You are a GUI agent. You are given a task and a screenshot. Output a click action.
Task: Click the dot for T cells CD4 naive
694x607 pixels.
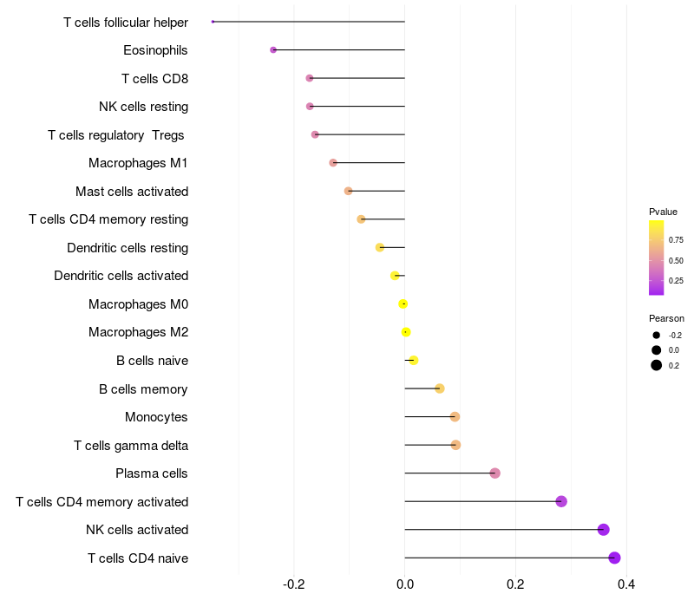click(614, 558)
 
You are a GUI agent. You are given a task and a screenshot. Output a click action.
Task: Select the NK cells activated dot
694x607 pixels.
click(604, 530)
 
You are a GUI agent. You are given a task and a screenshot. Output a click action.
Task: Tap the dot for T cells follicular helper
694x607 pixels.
click(213, 22)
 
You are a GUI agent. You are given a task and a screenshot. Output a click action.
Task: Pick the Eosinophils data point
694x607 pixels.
click(273, 50)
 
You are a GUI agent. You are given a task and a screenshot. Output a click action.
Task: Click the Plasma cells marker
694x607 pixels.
click(494, 473)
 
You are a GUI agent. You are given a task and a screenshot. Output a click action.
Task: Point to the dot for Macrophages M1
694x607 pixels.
click(333, 163)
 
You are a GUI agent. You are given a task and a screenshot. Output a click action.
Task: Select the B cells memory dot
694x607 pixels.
click(440, 388)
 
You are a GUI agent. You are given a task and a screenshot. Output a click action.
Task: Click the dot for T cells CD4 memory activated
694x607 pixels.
click(561, 501)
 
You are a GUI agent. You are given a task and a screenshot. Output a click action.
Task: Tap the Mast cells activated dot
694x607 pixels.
click(349, 191)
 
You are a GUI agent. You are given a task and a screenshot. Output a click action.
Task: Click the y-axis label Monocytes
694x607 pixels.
click(156, 417)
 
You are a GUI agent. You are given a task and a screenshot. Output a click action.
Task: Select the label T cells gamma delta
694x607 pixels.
click(131, 446)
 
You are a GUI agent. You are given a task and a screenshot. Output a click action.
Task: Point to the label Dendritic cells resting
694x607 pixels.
click(128, 248)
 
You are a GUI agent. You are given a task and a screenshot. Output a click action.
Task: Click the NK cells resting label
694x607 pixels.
click(144, 107)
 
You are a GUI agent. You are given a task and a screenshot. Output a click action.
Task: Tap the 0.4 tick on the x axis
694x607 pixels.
click(626, 585)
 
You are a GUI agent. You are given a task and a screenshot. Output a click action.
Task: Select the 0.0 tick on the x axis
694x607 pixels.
click(405, 585)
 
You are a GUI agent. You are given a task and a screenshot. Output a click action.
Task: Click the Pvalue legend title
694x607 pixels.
click(663, 212)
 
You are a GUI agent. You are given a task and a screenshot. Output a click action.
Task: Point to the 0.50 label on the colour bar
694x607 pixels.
click(676, 260)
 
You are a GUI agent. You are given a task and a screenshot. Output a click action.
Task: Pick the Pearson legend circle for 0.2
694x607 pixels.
click(657, 365)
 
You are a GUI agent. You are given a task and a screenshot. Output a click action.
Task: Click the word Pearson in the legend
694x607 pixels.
click(666, 318)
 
